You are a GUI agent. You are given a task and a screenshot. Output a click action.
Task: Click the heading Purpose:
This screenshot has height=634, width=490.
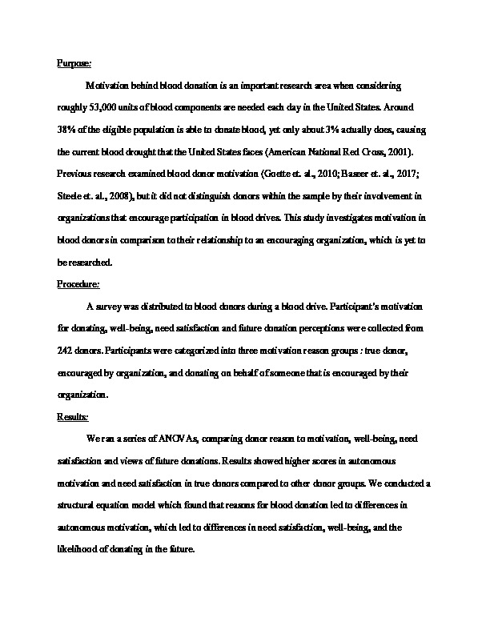coord(74,62)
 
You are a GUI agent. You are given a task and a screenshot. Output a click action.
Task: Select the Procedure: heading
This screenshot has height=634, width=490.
coord(78,284)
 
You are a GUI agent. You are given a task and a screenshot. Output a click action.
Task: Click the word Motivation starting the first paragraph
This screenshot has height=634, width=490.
coord(110,84)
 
